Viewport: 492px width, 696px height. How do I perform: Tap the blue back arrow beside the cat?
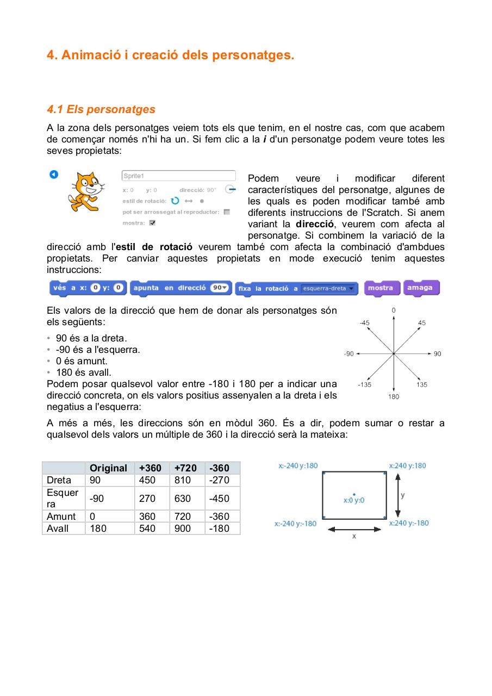point(53,174)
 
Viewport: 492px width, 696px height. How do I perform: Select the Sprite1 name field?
point(178,176)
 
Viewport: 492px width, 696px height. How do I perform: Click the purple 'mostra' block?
point(382,288)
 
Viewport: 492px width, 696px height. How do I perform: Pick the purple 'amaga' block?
point(421,288)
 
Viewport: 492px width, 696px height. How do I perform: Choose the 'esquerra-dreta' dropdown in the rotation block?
point(328,289)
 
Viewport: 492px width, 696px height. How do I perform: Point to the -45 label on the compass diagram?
point(364,322)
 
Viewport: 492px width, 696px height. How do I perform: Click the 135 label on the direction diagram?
point(422,384)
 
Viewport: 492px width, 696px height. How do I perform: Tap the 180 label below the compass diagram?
point(394,396)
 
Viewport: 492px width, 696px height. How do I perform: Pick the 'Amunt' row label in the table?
point(61,517)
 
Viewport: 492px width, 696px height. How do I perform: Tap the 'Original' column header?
point(108,468)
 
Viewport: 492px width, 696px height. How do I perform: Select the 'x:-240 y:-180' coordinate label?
point(295,524)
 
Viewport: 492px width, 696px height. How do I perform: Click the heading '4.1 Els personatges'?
point(101,109)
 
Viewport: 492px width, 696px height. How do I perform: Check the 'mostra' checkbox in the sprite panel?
point(152,223)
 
